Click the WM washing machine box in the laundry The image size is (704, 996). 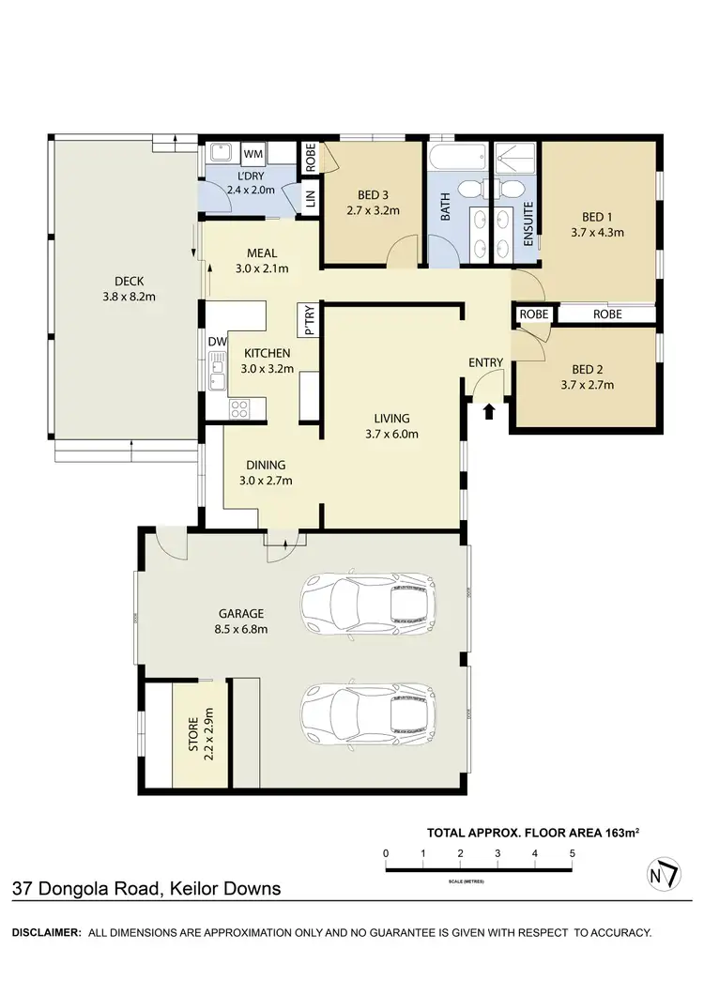click(253, 153)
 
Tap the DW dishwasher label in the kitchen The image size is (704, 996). click(217, 341)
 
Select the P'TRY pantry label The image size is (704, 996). click(309, 320)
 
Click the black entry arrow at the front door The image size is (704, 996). click(488, 409)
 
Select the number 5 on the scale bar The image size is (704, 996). click(572, 852)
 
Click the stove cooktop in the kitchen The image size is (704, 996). click(238, 408)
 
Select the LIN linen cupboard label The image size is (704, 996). click(309, 199)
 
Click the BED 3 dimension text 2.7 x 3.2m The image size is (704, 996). click(373, 210)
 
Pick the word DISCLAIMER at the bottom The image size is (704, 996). click(45, 932)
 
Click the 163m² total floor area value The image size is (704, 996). click(622, 832)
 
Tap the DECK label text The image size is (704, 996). click(129, 280)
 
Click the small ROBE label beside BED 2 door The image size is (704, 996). click(534, 314)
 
